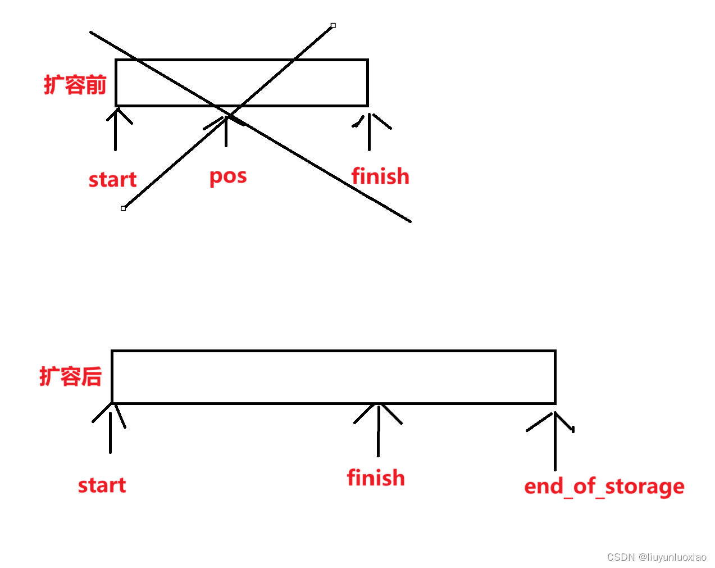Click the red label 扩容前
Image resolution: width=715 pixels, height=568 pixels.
click(75, 85)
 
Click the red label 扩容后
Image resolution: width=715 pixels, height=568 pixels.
click(71, 376)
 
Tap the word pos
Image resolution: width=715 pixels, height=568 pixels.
click(228, 177)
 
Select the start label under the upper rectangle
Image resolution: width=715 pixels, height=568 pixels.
click(112, 180)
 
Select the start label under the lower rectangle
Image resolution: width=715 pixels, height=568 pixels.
click(102, 485)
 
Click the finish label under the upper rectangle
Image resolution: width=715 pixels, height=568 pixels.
click(380, 176)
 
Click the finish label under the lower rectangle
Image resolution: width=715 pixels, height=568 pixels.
click(376, 478)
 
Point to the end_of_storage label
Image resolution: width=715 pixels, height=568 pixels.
click(604, 487)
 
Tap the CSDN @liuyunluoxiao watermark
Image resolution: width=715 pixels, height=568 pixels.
click(657, 557)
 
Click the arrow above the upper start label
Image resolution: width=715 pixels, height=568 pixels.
click(116, 129)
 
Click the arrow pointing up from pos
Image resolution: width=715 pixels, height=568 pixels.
click(226, 132)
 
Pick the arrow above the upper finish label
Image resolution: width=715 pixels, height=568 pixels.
click(369, 132)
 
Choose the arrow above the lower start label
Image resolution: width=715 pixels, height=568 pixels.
click(111, 430)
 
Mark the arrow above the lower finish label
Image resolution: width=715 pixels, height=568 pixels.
click(378, 430)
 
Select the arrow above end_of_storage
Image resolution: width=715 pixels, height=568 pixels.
click(555, 441)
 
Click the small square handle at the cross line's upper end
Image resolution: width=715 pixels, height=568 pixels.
click(333, 25)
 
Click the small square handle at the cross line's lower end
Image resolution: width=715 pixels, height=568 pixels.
click(123, 208)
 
